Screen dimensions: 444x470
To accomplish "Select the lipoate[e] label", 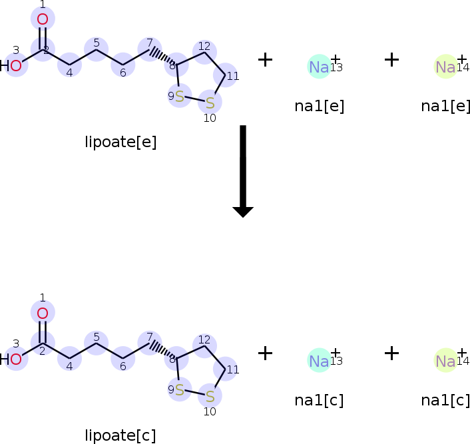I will click(x=120, y=142).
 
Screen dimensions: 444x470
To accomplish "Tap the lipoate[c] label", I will click(x=120, y=435).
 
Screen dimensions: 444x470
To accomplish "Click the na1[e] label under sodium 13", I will click(x=320, y=107).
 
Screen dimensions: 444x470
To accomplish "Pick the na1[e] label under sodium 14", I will click(x=445, y=107).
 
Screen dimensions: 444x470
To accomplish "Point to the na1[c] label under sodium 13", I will click(x=320, y=400).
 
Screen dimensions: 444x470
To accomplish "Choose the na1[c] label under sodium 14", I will click(x=445, y=400).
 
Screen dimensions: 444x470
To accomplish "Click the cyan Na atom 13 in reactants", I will click(x=319, y=67).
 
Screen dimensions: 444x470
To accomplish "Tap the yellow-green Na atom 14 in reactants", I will click(x=445, y=67).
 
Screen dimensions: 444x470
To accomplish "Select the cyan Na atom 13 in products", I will click(x=319, y=361).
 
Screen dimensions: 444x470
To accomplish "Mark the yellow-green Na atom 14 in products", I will click(x=445, y=361).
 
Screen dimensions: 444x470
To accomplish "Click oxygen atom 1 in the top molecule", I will click(x=43, y=19).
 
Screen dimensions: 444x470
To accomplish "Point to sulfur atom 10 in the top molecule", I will click(x=210, y=103).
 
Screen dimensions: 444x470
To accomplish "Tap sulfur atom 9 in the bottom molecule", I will click(x=179, y=390).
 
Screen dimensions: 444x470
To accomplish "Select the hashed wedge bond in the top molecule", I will click(x=162, y=56).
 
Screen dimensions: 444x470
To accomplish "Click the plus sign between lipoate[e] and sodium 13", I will click(x=265, y=60).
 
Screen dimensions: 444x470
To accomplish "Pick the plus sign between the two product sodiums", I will click(x=391, y=353).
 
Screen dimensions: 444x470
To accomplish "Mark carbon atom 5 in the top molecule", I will click(x=97, y=49).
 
